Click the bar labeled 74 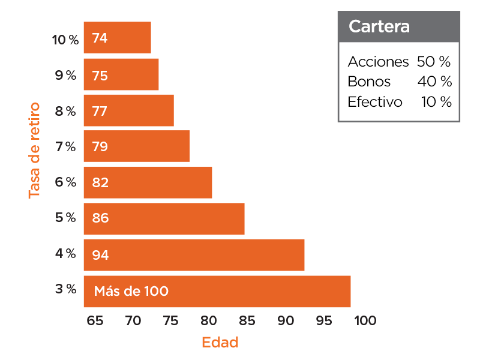117,38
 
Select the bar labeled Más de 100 217,292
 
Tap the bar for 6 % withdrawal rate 148,182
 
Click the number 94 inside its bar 100,255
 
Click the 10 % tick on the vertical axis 65,40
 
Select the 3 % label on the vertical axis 65,289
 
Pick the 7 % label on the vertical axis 65,146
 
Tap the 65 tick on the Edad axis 95,321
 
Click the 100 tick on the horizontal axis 365,321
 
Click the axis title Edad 220,343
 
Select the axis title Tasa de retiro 34,150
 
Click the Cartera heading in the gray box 371,27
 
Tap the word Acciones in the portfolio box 378,62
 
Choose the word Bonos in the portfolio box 369,82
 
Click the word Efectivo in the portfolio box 375,102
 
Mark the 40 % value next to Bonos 434,82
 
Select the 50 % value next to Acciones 433,62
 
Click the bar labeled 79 136,146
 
